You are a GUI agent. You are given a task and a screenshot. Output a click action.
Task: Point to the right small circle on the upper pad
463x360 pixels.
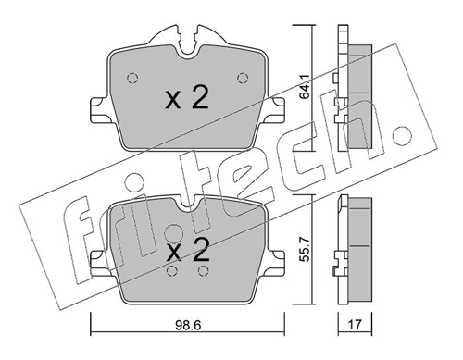click(243, 78)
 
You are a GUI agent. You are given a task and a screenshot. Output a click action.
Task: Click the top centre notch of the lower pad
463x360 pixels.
click(186, 201)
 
